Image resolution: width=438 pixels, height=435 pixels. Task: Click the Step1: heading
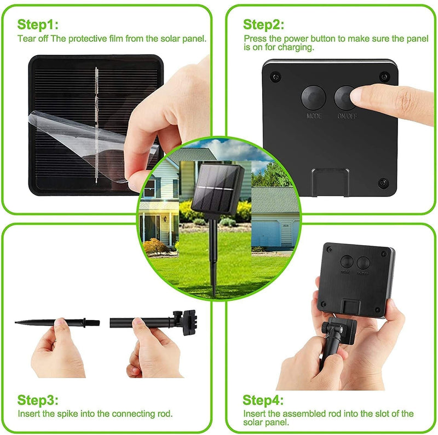click(x=38, y=25)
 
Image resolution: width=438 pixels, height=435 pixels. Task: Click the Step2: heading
click(x=264, y=25)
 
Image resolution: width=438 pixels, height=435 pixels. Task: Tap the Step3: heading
click(x=38, y=399)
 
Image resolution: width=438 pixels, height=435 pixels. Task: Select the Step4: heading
click(x=264, y=399)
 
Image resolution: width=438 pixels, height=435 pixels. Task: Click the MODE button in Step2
click(x=314, y=97)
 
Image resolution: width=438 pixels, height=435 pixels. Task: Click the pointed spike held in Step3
click(x=33, y=322)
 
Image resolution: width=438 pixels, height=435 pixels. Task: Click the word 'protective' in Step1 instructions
click(x=82, y=39)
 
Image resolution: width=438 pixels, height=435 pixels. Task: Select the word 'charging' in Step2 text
click(x=298, y=48)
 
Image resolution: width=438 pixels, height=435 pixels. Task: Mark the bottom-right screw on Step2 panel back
click(x=382, y=182)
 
